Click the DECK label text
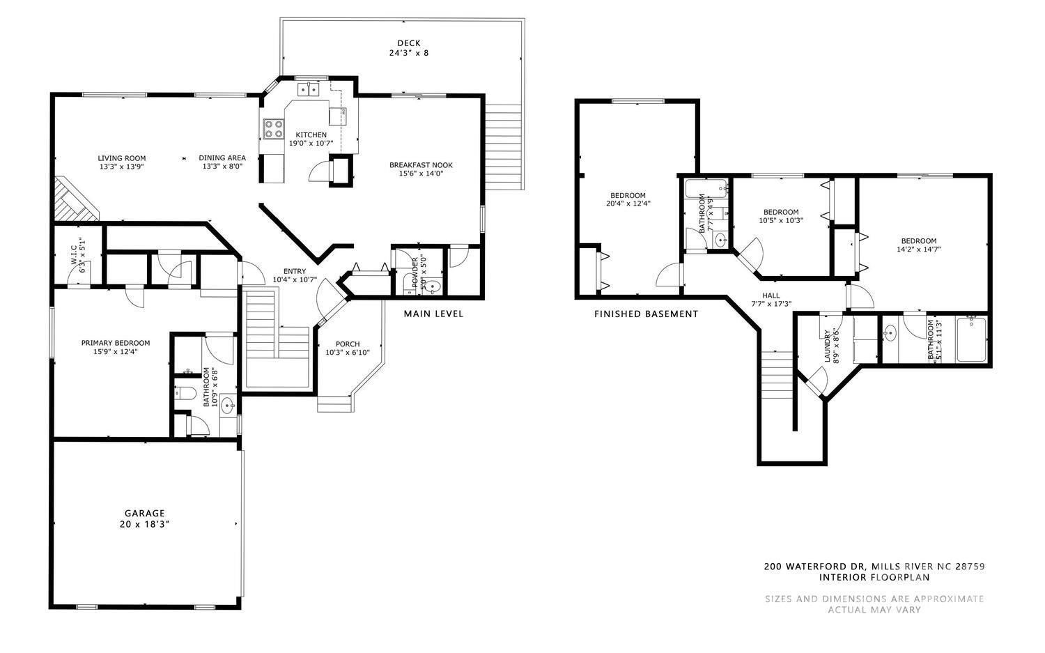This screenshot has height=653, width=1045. coord(408,43)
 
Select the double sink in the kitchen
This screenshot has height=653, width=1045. coord(307,89)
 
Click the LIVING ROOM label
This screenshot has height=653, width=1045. coord(121,158)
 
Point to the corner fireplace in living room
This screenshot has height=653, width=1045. coord(74,201)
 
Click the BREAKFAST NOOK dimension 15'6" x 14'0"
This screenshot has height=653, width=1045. coord(421,174)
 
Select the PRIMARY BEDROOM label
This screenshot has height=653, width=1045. coord(116,343)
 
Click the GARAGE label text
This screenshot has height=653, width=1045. coord(145,513)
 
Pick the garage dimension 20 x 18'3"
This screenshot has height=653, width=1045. coord(145,524)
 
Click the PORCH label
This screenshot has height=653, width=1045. coord(348,344)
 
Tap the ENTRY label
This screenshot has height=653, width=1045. coord(294,271)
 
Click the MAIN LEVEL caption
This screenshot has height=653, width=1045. coord(433,314)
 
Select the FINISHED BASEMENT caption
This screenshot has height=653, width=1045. coord(646,314)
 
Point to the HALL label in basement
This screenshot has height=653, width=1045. coord(771,295)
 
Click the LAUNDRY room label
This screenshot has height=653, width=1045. coord(828,346)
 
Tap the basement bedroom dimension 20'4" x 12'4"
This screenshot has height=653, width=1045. coord(628,203)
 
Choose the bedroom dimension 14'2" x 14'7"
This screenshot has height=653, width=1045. coord(918,249)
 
